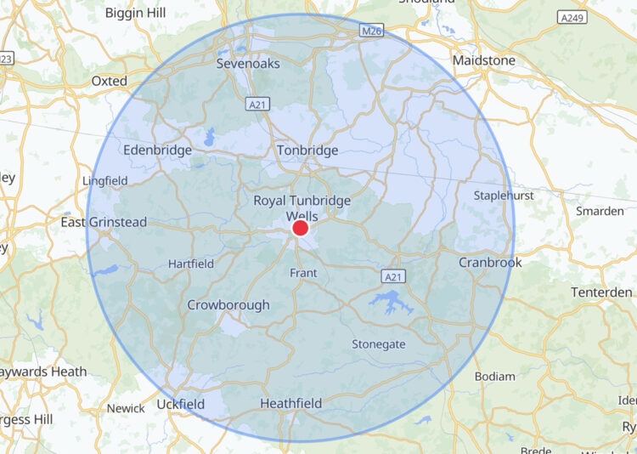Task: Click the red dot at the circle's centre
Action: point(300,228)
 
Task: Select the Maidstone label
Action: point(484,61)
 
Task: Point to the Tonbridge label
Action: point(307,150)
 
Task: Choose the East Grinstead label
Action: point(104,222)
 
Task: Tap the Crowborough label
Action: point(228,304)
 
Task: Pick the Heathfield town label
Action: point(290,403)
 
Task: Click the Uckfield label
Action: point(180,404)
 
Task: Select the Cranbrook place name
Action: point(490,263)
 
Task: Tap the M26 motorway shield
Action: point(371,31)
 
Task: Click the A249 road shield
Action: point(571,17)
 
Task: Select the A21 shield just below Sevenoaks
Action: point(259,104)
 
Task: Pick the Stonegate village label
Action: point(378,344)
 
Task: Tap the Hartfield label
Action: point(191,264)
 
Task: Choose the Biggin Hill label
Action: point(136,13)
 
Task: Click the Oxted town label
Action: point(109,82)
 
